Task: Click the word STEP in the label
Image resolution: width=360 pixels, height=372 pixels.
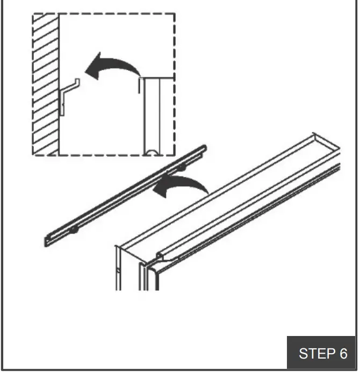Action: tap(315, 354)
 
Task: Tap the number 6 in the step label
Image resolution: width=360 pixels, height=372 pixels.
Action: tap(343, 354)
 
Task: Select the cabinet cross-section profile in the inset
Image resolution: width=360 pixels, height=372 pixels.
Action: tap(157, 116)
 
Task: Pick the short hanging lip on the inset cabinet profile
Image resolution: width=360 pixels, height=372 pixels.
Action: tap(140, 86)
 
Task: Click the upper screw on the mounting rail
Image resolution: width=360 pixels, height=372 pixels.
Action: tap(182, 168)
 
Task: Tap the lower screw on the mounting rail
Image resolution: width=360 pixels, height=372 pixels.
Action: tap(73, 230)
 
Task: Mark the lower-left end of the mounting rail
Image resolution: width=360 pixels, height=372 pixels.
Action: tap(48, 242)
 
